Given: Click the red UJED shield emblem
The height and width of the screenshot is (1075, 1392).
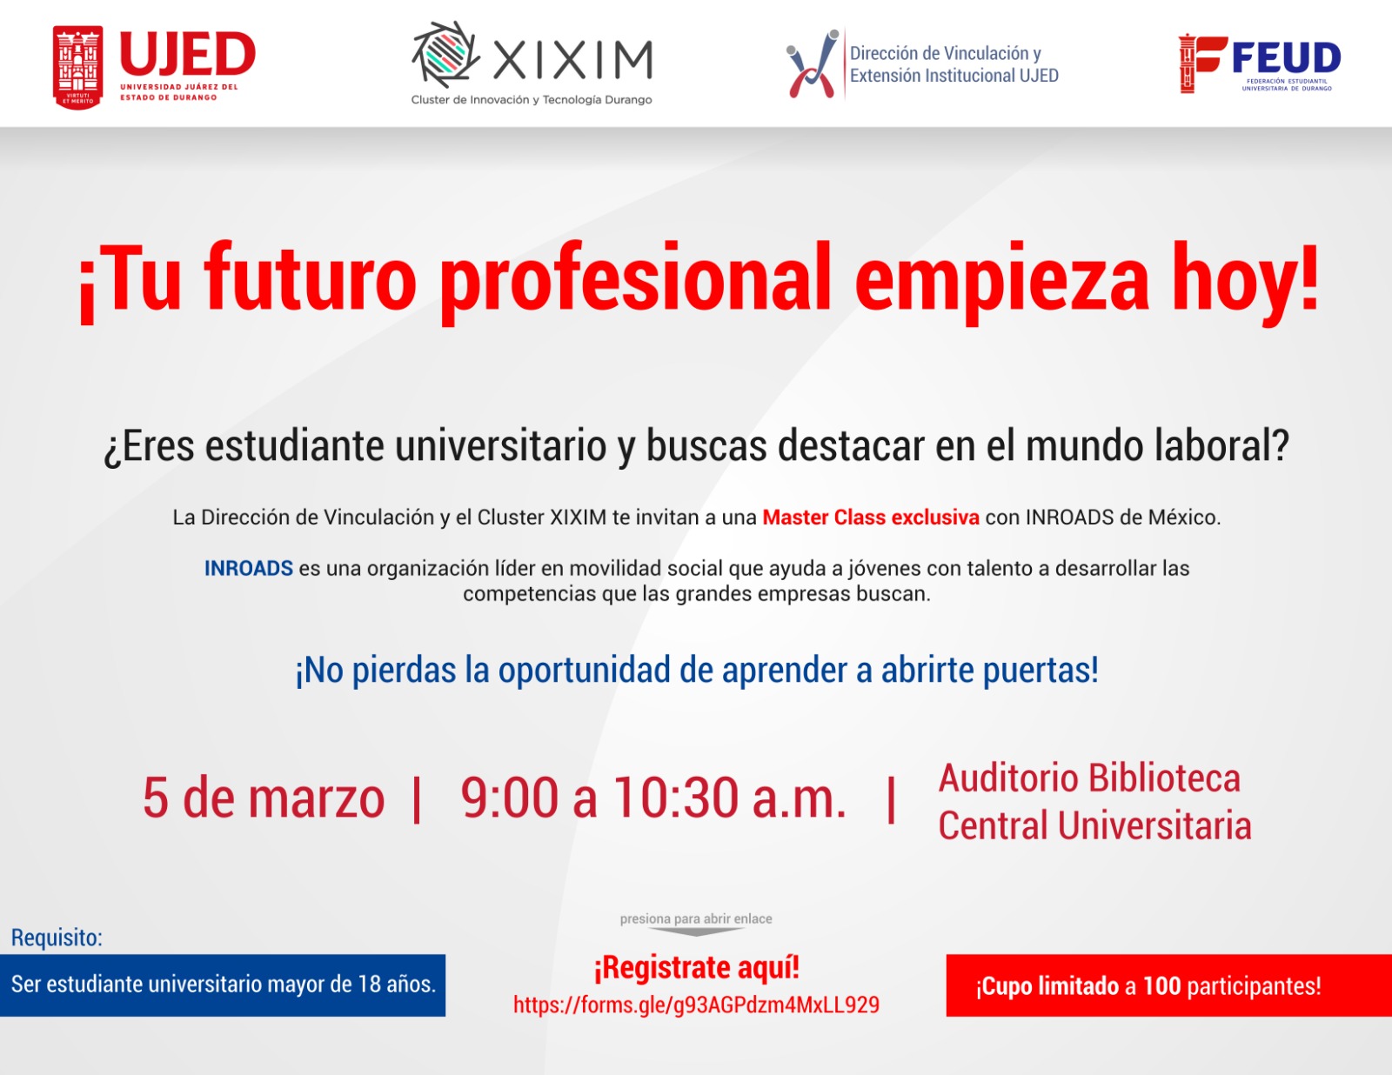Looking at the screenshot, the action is coord(77,67).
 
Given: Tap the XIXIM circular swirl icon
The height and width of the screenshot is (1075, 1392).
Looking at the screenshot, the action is coord(445,55).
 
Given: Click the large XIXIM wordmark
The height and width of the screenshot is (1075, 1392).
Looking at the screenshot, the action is coord(572,59).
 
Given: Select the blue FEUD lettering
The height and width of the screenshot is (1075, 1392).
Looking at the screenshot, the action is coord(1287,57).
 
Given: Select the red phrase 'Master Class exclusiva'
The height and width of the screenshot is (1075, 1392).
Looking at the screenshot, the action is coord(871,517).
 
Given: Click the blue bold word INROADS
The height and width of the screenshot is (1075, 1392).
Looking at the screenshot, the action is coord(249,568).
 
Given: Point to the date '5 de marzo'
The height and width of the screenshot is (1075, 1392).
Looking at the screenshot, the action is coord(264,798).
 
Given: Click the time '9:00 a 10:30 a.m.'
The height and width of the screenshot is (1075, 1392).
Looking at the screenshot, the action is coord(652,798).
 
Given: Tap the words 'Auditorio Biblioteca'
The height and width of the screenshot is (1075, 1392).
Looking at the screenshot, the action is coord(1089,778).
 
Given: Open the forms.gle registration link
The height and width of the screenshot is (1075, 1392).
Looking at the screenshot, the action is coord(696,1005).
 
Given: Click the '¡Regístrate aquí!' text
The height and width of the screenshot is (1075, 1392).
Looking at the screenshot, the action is coord(696,967).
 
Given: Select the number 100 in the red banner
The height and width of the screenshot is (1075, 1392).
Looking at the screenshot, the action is coord(1161,985).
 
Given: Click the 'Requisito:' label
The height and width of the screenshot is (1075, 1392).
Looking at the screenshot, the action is coord(57,937).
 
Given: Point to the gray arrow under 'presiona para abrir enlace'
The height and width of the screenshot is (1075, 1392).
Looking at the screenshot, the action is coord(696,931).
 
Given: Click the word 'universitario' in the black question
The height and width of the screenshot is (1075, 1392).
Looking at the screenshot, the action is coord(500,445).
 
